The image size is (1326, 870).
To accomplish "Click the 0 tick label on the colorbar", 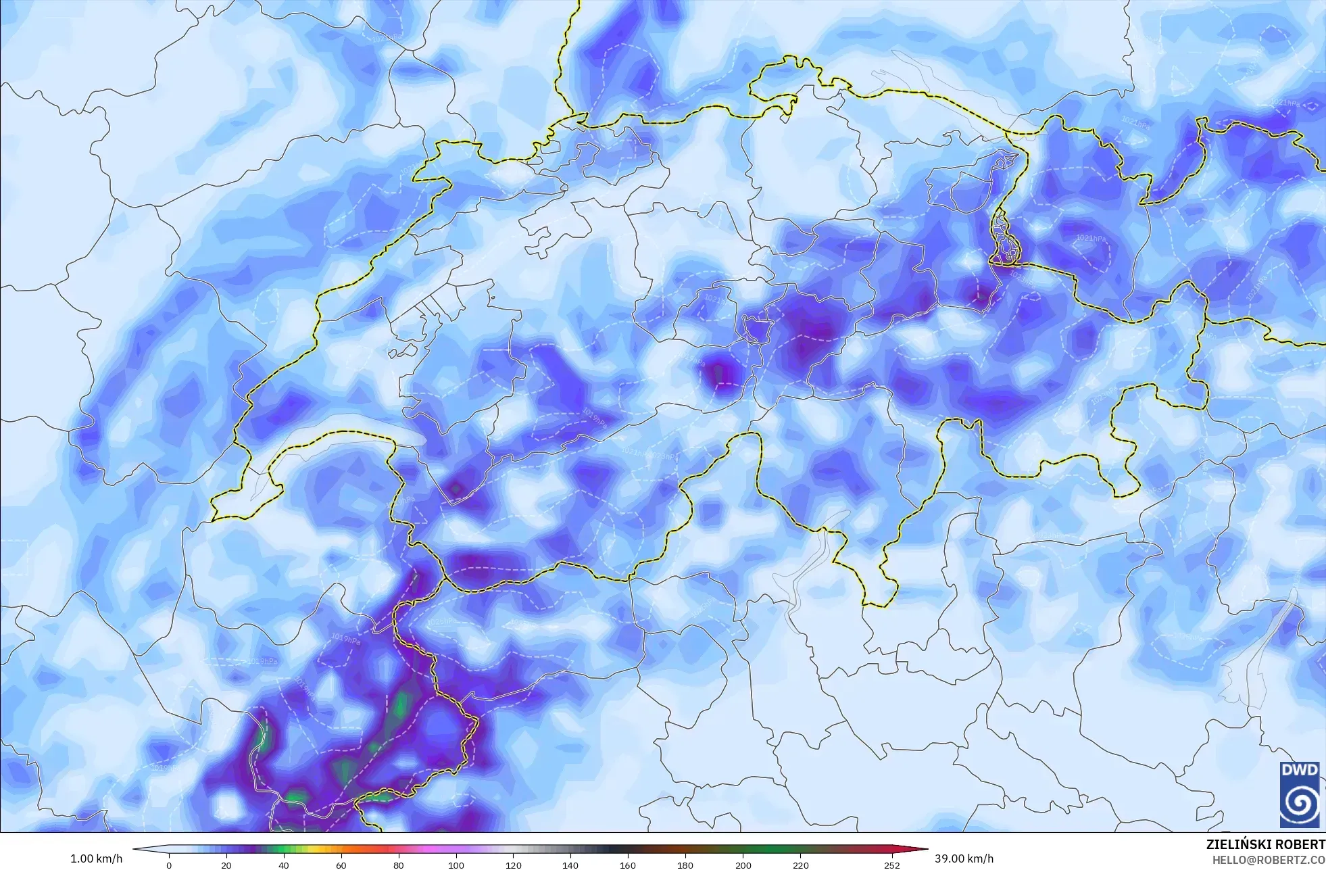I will (x=169, y=865).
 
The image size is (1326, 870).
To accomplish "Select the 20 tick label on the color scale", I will (x=226, y=865).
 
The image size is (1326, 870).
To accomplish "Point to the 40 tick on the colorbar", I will (x=284, y=865).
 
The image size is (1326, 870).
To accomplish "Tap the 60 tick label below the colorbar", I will (x=341, y=865).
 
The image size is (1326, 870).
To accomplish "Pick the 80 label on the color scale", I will (x=399, y=865).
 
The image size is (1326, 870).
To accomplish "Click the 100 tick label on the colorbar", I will (x=456, y=865).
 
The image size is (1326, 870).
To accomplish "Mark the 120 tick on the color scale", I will (x=514, y=865).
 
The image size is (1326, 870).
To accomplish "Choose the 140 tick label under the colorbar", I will (x=570, y=865).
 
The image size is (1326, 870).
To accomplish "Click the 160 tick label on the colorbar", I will (x=628, y=865).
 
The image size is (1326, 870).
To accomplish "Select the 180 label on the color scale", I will (x=685, y=865).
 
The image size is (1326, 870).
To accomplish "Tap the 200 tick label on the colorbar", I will (x=743, y=865).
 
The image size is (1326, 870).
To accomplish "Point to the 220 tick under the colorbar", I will (x=800, y=865).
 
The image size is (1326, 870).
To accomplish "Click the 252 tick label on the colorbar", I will (x=892, y=865).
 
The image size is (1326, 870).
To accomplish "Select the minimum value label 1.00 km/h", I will (x=97, y=859).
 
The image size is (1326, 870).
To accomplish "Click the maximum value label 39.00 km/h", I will (x=964, y=859).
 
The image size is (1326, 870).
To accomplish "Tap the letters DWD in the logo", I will (x=1299, y=770).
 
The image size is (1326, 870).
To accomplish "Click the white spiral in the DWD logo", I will (x=1299, y=803).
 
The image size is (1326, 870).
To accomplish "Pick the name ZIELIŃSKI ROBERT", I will (x=1265, y=844).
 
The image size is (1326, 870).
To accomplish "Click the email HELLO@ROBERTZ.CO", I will (x=1268, y=860).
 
